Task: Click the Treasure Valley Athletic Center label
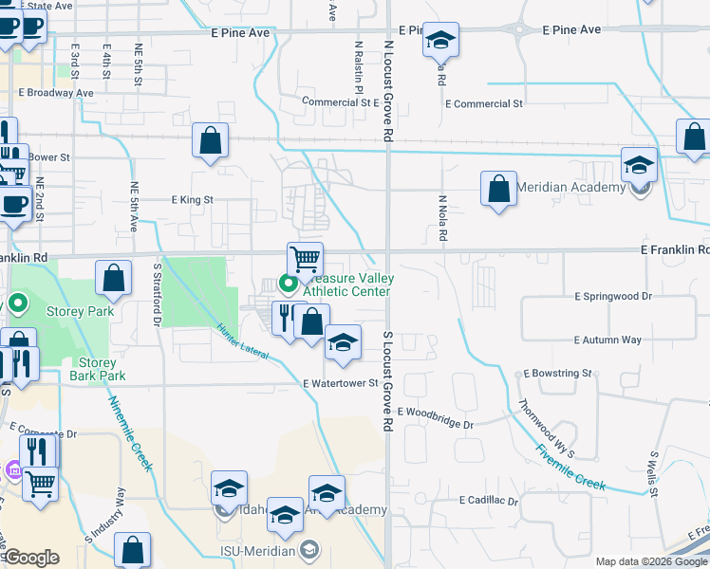click(x=346, y=284)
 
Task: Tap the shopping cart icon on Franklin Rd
click(x=306, y=258)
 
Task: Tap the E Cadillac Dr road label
click(x=489, y=500)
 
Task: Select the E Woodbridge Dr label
click(x=435, y=417)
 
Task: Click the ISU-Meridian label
click(x=261, y=549)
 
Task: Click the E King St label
click(x=192, y=200)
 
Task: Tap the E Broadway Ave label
click(x=56, y=93)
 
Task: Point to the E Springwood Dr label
click(x=613, y=296)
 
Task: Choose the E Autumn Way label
click(x=607, y=340)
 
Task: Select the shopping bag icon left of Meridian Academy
click(x=498, y=188)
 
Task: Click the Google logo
click(x=31, y=558)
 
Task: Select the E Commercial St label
click(x=483, y=103)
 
